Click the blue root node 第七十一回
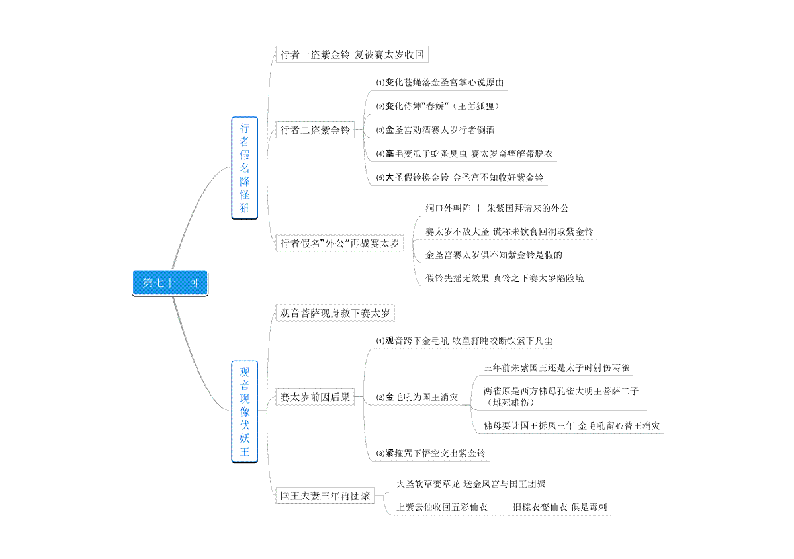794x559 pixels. point(170,283)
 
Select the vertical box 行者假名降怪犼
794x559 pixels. point(245,168)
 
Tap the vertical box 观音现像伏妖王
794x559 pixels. point(245,411)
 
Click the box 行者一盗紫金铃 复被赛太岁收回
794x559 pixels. point(352,54)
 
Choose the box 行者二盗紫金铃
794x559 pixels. point(315,130)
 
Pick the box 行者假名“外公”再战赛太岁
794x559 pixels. point(339,243)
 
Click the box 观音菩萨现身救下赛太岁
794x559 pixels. point(335,313)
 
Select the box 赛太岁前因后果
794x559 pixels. point(315,397)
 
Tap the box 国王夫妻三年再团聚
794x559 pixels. point(325,495)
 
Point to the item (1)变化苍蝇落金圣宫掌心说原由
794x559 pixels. point(440,83)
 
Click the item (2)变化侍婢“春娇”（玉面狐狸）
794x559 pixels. point(438,107)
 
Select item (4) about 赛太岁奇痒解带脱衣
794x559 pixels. point(464,154)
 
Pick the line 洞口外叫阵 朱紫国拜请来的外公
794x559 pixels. point(497,208)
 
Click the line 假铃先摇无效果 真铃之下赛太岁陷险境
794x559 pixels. point(504,278)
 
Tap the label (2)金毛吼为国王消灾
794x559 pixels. point(417,397)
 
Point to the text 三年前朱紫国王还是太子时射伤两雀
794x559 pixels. point(556,368)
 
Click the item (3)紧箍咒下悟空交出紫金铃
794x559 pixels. point(431,453)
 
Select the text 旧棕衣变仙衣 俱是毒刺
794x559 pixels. point(560,507)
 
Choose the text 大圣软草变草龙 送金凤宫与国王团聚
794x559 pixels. point(470,484)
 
